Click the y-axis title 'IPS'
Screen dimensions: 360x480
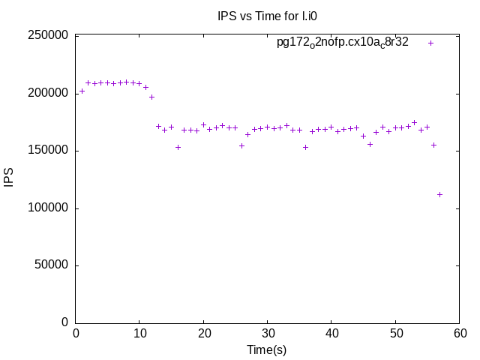(x=9, y=178)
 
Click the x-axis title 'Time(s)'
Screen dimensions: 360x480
(x=267, y=349)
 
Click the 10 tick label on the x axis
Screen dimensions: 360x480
(x=139, y=334)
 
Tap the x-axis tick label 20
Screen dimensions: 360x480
(x=204, y=334)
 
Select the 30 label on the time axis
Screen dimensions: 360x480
(x=268, y=334)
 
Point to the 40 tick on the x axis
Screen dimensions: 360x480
(x=332, y=334)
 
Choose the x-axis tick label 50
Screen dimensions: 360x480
(x=396, y=334)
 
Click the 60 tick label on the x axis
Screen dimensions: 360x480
(x=460, y=334)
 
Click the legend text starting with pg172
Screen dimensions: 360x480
(x=343, y=43)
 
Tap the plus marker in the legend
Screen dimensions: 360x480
(x=430, y=43)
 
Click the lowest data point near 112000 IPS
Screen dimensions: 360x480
(x=440, y=194)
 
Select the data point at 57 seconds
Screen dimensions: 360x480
(x=440, y=194)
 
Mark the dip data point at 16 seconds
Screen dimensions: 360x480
(x=178, y=147)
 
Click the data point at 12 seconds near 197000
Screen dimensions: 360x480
(x=152, y=97)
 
